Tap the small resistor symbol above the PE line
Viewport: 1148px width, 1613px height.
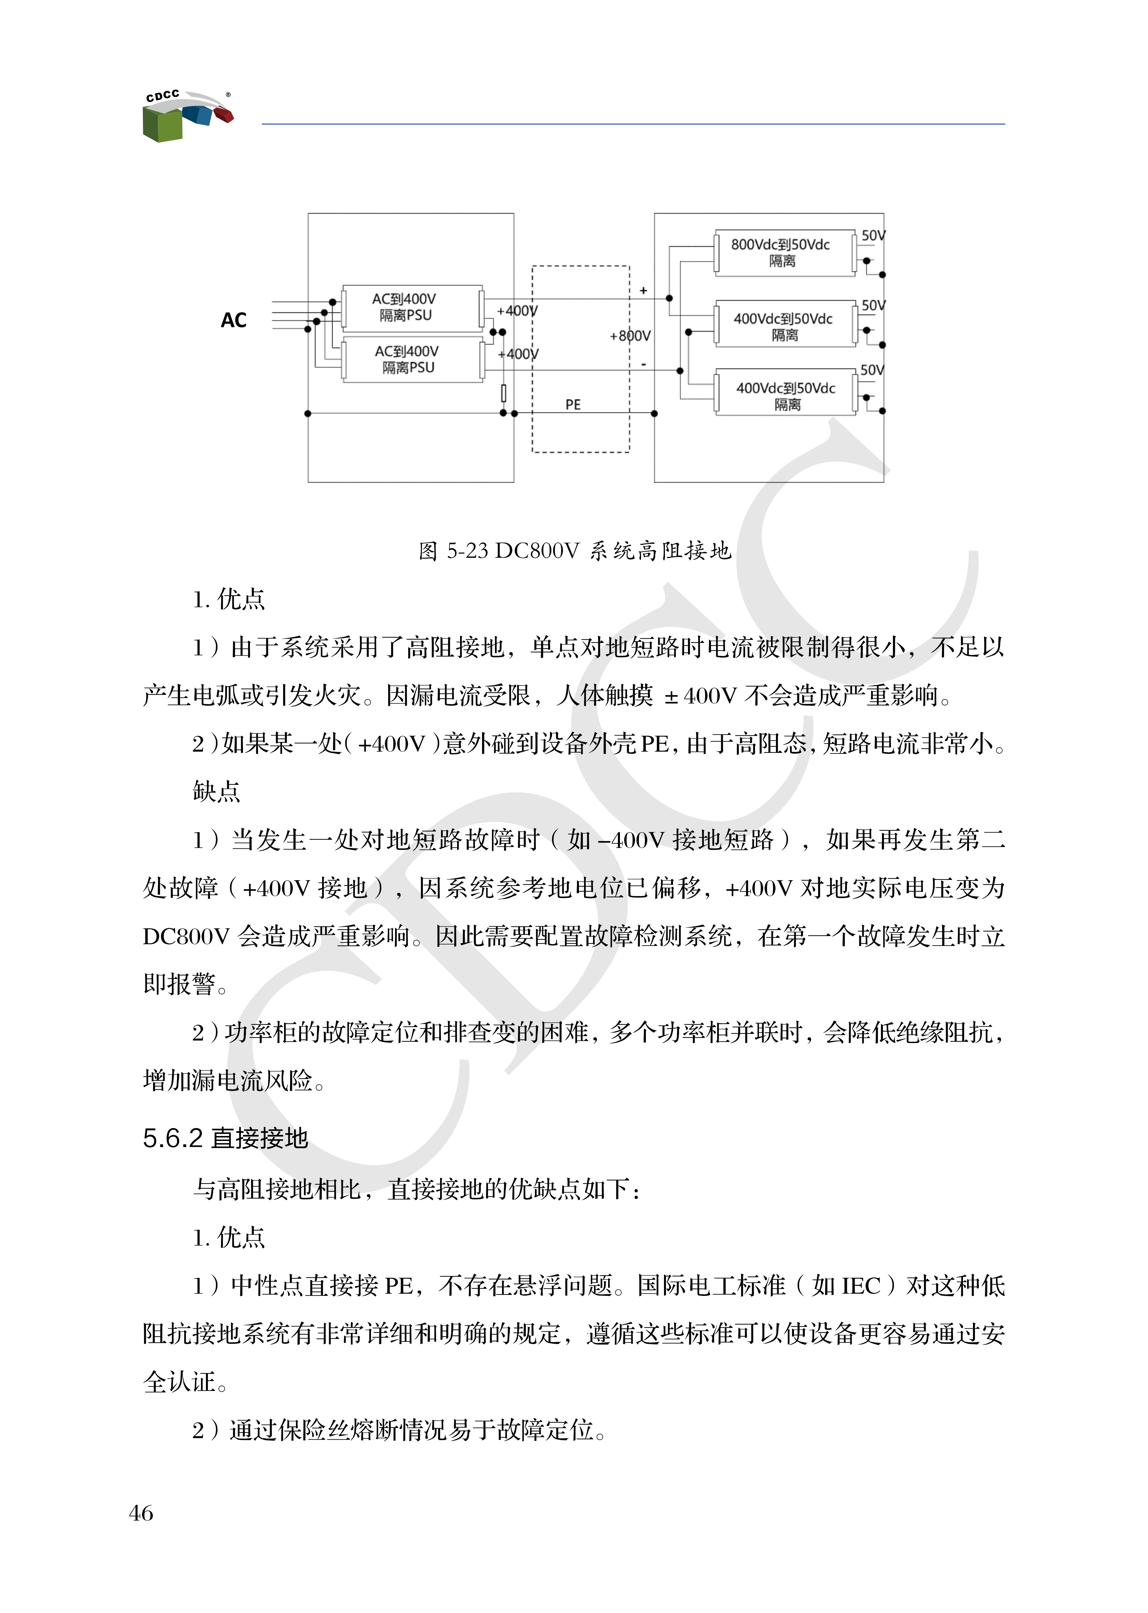[x=503, y=393]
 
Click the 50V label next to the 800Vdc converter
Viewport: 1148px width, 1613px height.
[x=873, y=235]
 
